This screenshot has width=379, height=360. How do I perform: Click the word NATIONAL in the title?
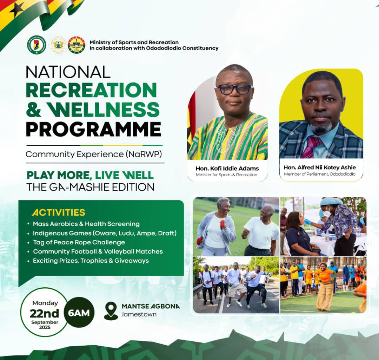click(68, 72)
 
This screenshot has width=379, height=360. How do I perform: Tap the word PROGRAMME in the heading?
click(93, 130)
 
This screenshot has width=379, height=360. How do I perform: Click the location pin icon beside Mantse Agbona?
click(111, 310)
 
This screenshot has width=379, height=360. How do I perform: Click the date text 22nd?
click(44, 313)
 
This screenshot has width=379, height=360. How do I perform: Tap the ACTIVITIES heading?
click(59, 212)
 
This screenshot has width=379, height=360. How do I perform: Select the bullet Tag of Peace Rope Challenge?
click(79, 242)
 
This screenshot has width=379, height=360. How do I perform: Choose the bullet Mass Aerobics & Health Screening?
click(86, 224)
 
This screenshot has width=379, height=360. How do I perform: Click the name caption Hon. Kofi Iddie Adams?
click(227, 168)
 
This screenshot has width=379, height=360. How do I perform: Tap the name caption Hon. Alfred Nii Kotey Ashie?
click(320, 168)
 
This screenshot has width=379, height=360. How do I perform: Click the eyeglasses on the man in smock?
click(234, 89)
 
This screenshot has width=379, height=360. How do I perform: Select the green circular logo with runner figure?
click(37, 45)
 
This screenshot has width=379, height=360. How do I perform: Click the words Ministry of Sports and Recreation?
click(134, 42)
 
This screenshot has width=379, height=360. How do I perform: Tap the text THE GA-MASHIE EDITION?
click(90, 187)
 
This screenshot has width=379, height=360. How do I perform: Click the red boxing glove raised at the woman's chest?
click(222, 224)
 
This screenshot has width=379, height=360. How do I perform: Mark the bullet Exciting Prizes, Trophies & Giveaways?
click(91, 261)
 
